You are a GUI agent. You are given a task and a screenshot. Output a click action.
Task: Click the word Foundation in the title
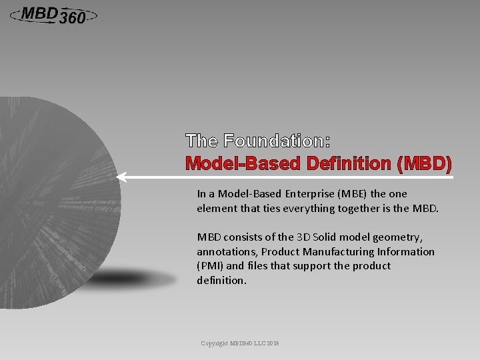coord(273,141)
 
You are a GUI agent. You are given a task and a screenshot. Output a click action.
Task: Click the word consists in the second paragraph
coord(243,237)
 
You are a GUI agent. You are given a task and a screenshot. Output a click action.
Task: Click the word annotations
coord(226,252)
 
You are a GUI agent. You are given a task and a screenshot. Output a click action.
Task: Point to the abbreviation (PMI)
coord(210,266)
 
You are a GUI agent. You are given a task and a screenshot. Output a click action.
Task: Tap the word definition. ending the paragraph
coord(222,281)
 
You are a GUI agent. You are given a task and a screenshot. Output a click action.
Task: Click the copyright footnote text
coord(240,343)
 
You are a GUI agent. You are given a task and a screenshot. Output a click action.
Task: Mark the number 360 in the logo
coord(72,19)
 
